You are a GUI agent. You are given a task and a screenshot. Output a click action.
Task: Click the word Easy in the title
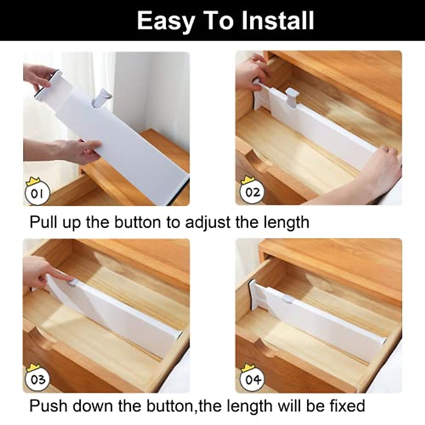(x=165, y=21)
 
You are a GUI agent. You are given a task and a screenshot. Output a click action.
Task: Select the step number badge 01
(x=37, y=194)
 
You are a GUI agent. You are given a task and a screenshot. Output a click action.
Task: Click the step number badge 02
(x=253, y=193)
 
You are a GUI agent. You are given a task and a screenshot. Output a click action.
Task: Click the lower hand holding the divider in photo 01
(x=76, y=149)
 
